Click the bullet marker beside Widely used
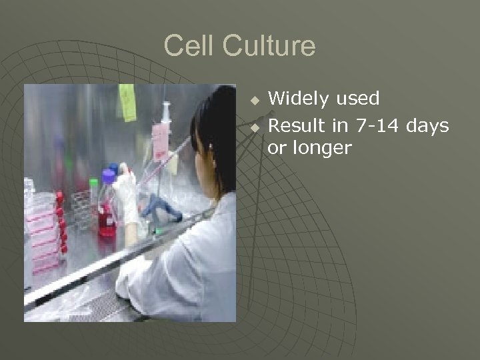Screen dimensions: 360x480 [x=254, y=101]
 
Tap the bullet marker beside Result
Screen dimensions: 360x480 [x=254, y=125]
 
